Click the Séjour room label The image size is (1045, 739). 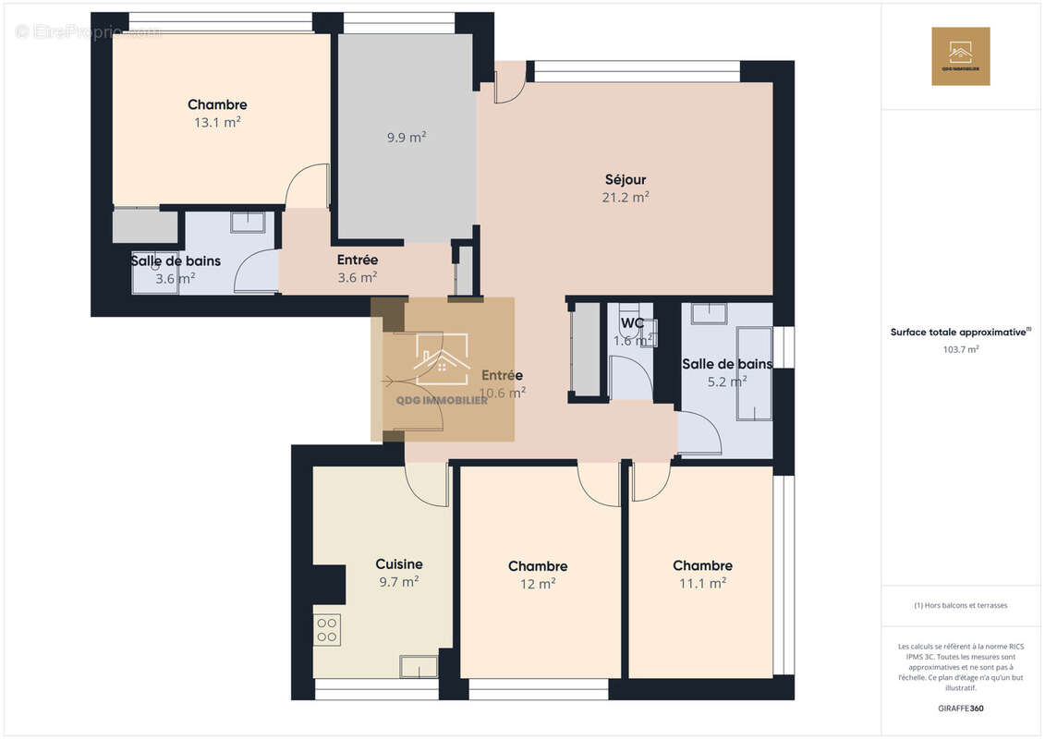coord(626,179)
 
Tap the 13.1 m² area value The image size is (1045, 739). coord(217,122)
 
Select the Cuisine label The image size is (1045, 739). coord(399,564)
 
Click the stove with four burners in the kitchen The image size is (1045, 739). coord(327,629)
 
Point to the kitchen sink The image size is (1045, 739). coord(419,666)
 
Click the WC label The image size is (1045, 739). coord(632,323)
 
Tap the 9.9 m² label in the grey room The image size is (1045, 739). coord(407,138)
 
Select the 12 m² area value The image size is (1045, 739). coord(538,584)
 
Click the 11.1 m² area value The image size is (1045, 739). coord(702,583)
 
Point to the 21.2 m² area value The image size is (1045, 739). coord(626,197)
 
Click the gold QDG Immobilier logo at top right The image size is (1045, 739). coord(960,56)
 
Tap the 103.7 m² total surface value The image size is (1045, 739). coord(961,349)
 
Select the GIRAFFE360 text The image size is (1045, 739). coord(961,709)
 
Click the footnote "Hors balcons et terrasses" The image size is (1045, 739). coord(961,605)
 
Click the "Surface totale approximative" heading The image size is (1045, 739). coord(959,332)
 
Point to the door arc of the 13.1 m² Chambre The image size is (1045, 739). coord(307,185)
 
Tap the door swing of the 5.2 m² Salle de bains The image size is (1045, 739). coord(699,433)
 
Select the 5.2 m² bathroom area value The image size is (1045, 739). coord(726,381)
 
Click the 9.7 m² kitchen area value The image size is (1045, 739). coord(399,582)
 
